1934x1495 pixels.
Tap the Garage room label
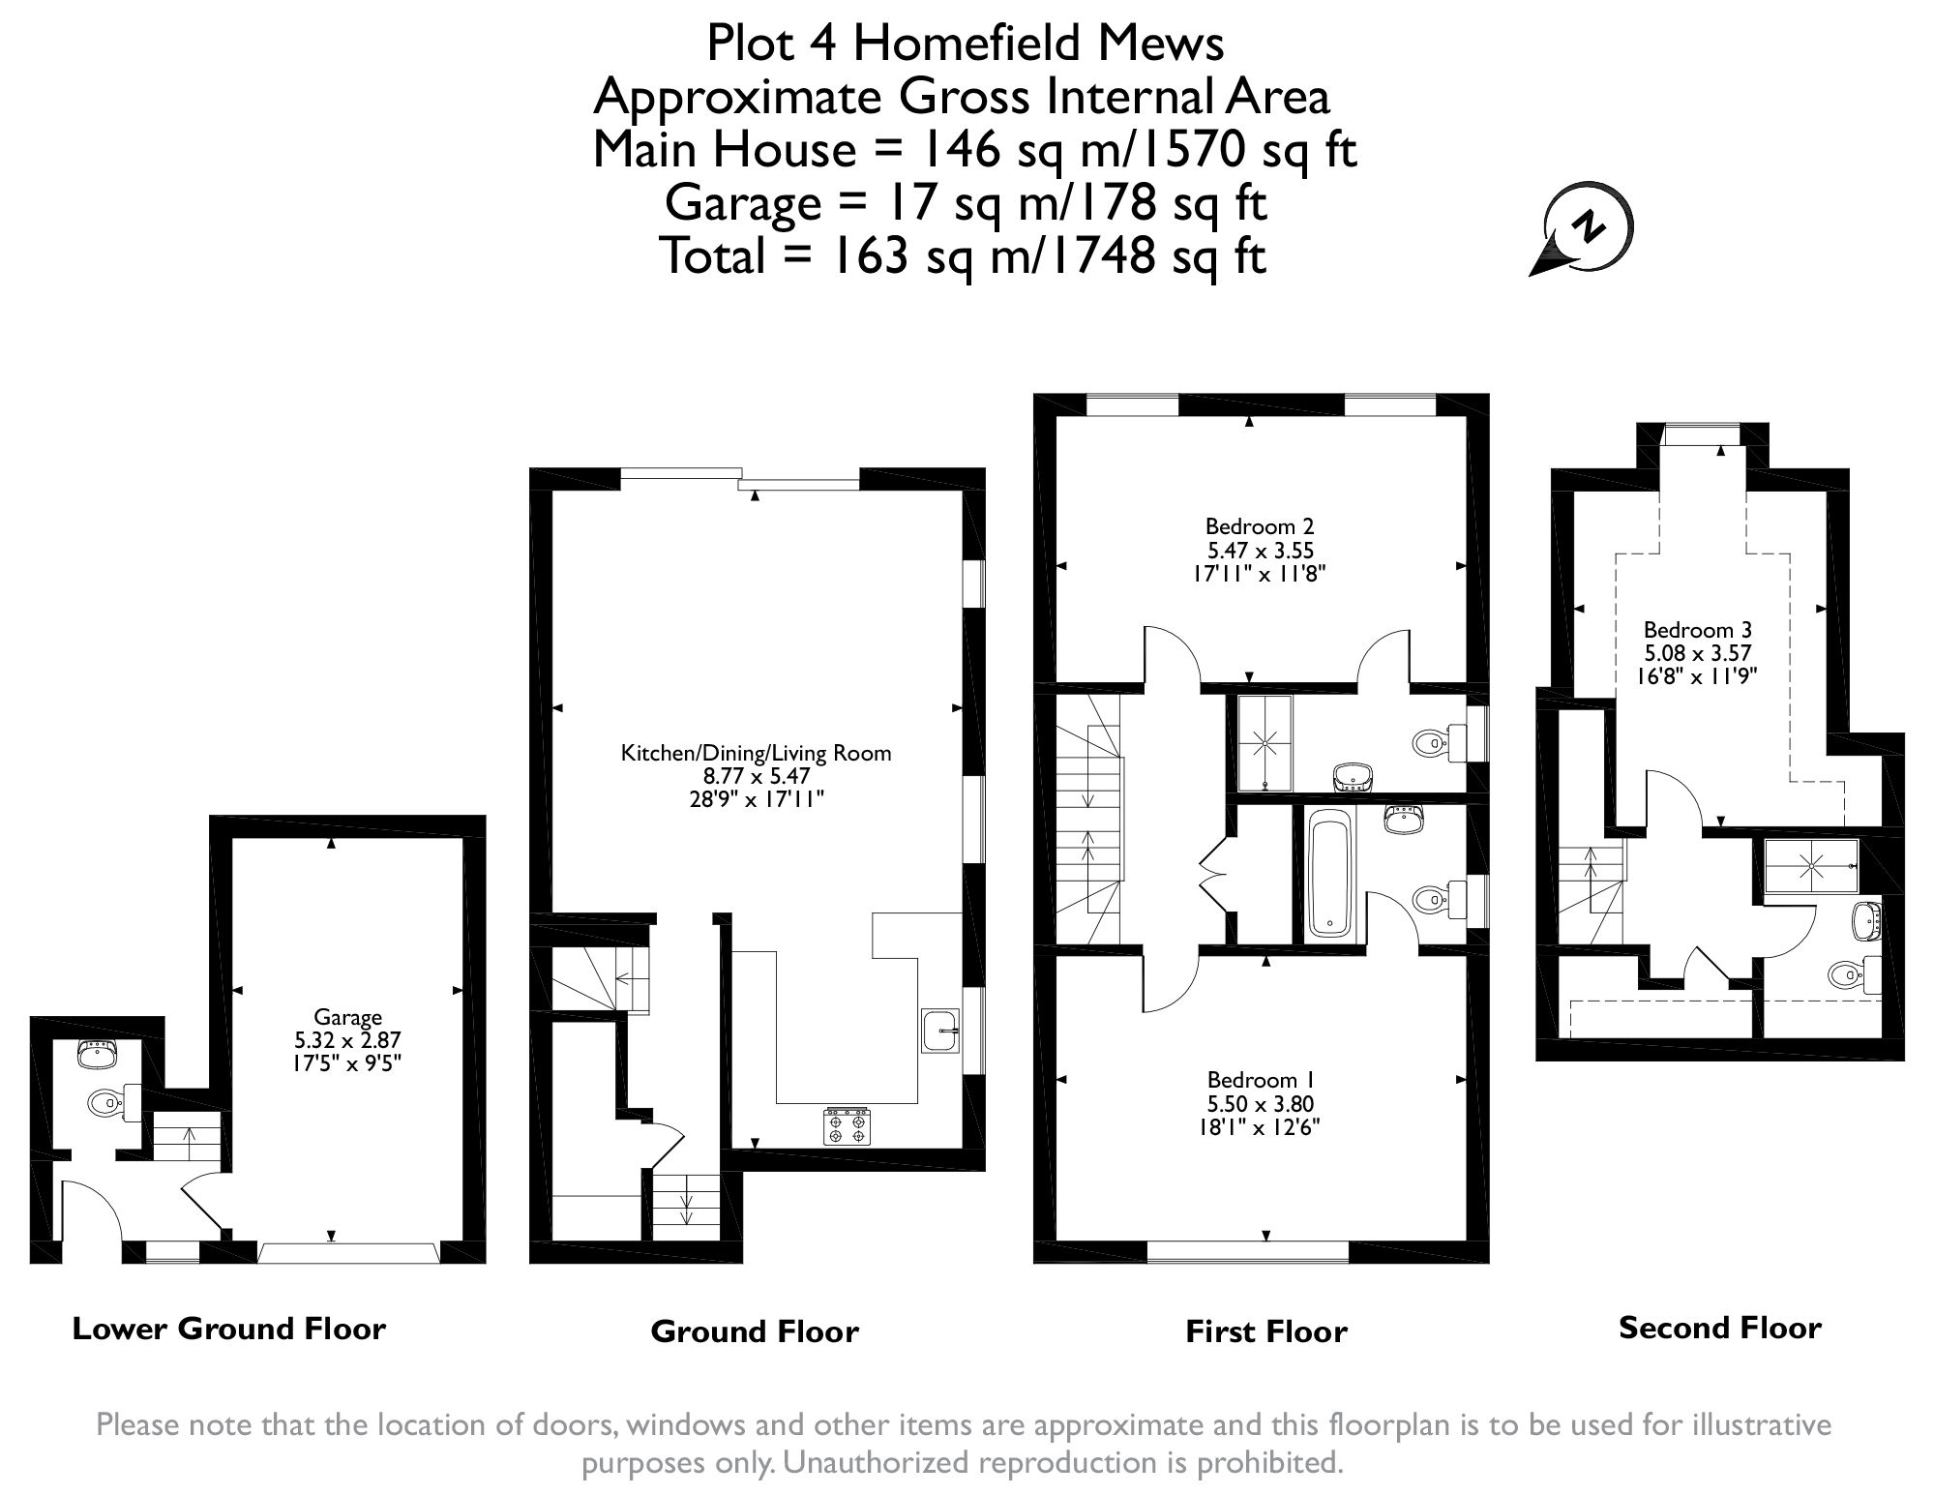click(x=347, y=1017)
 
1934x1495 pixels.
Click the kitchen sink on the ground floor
click(x=939, y=1030)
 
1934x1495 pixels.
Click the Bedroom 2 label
click(x=1259, y=527)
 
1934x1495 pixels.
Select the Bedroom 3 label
click(x=1697, y=630)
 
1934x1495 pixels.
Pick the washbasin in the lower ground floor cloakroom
click(x=95, y=1053)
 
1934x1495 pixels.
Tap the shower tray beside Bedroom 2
click(x=1265, y=742)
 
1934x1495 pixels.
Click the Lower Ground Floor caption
click(x=229, y=1329)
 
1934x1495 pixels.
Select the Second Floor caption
click(x=1719, y=1328)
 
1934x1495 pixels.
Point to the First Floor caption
click(x=1265, y=1331)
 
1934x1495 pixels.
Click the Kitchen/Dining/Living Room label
click(x=756, y=753)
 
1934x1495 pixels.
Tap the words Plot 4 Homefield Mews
click(x=965, y=44)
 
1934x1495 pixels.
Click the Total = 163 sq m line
click(x=963, y=256)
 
